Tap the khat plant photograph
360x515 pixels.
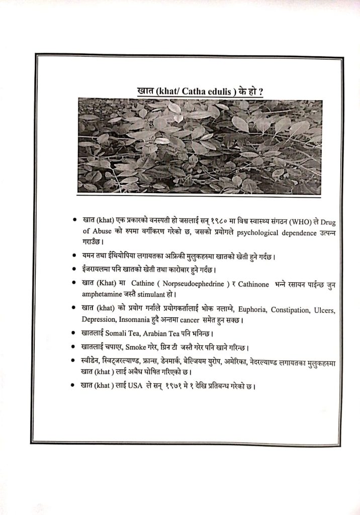200,146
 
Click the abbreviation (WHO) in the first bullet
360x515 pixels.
291,221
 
